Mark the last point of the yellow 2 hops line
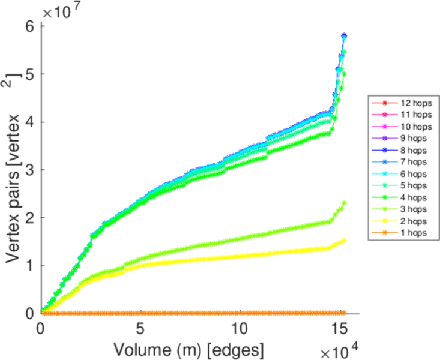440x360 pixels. [344, 241]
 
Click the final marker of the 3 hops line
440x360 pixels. [344, 203]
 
